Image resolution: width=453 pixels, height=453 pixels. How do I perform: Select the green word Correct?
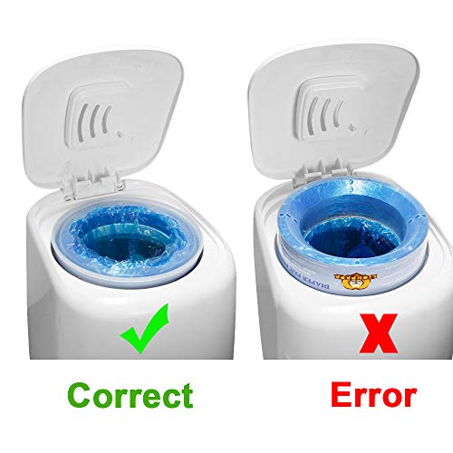point(130,395)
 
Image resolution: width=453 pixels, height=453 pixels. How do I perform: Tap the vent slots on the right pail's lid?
point(330,112)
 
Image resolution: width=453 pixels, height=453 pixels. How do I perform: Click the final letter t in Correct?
point(186,395)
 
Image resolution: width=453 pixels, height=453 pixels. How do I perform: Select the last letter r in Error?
point(407,397)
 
